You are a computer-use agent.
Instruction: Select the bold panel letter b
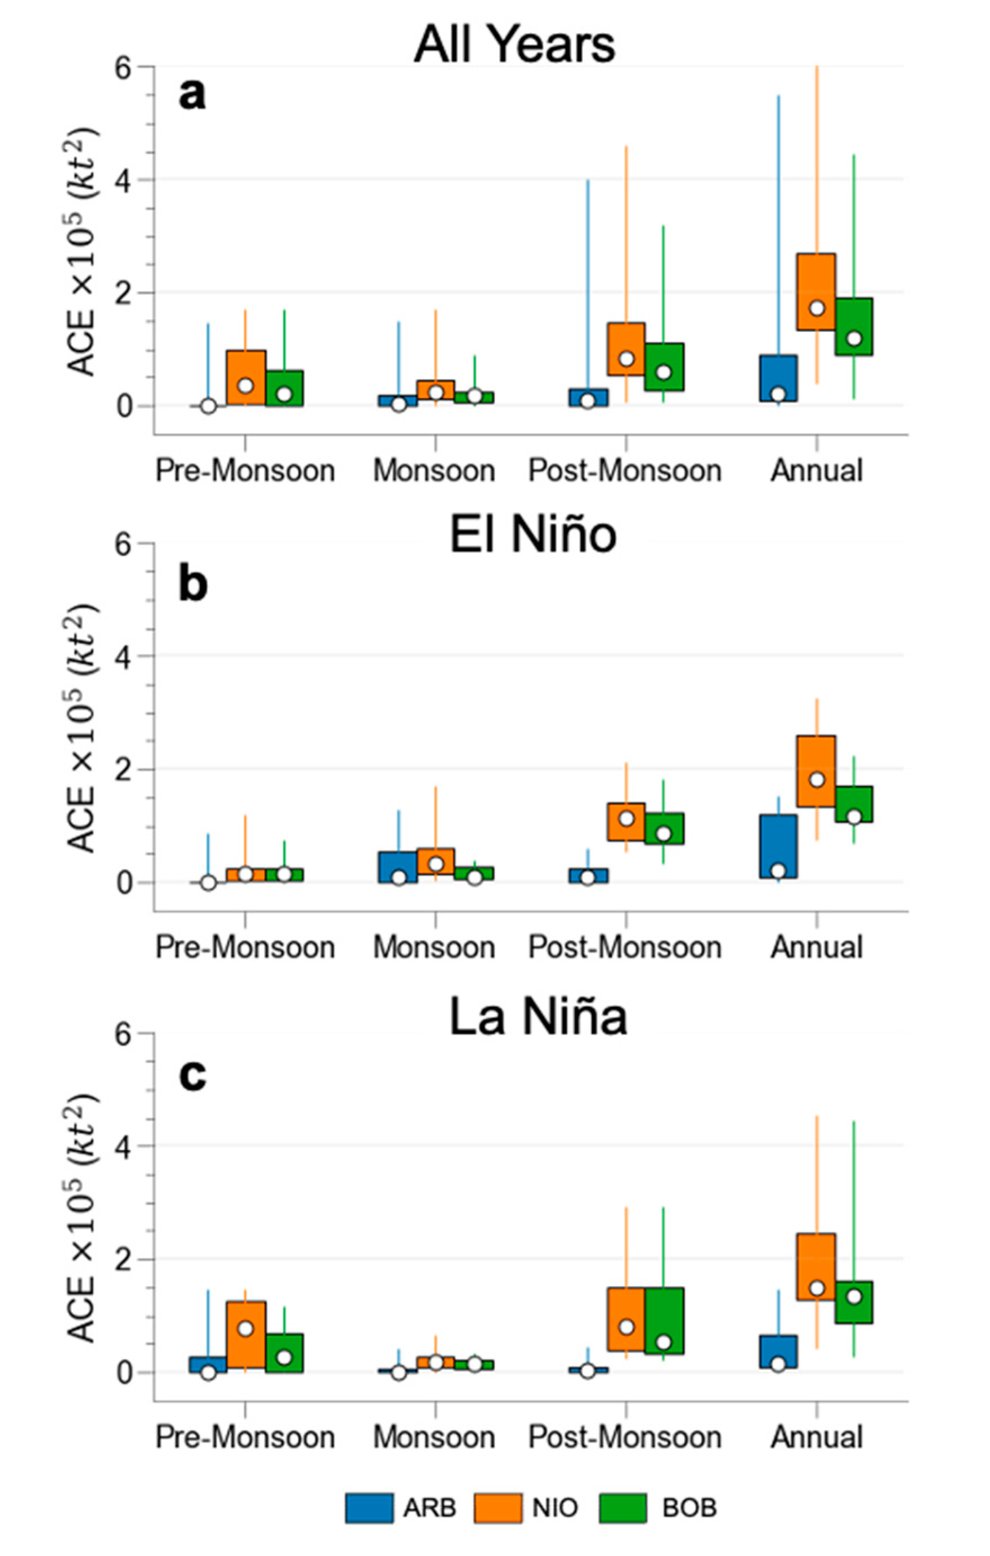point(192,583)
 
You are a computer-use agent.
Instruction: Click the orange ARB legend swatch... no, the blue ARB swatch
point(369,1508)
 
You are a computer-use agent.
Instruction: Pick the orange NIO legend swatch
point(498,1508)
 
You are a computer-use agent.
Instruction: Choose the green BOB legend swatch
point(622,1508)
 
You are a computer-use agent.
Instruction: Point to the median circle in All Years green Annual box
point(854,338)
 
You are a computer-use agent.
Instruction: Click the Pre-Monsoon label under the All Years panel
point(245,470)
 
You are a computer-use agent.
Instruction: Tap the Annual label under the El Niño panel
point(816,947)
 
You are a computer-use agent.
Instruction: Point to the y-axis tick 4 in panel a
point(124,179)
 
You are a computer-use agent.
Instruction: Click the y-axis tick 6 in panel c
point(124,1033)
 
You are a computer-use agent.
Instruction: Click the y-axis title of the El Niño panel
point(83,728)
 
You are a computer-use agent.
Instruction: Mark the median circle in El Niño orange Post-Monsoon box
point(626,819)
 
